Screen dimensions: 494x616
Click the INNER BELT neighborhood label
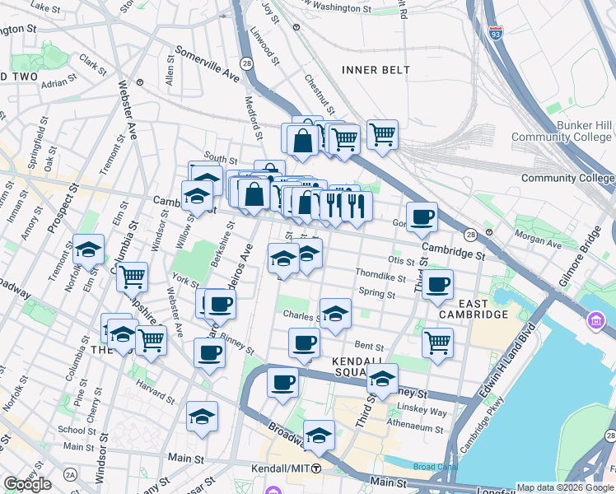[x=376, y=70]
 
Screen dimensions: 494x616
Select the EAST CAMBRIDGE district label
[x=472, y=309]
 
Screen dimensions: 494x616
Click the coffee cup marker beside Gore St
[x=422, y=217]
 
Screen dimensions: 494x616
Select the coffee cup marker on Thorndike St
[x=437, y=285]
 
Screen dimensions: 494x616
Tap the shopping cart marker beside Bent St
[x=437, y=342]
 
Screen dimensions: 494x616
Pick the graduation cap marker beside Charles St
[x=335, y=314]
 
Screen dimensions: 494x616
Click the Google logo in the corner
[x=27, y=484]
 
